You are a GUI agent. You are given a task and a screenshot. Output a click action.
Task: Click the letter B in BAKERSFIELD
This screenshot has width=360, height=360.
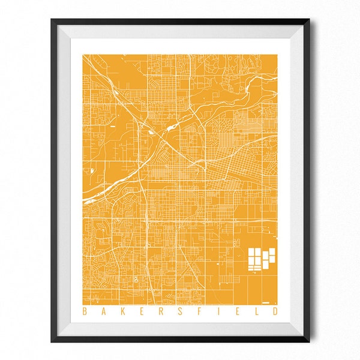[83, 311]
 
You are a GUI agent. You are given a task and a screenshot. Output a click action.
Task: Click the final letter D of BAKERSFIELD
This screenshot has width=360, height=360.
[275, 311]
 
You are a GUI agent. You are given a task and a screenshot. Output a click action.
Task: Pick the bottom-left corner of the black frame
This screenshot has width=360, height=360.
[52, 341]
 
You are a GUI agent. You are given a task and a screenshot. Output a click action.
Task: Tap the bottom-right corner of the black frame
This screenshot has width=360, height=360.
[308, 341]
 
